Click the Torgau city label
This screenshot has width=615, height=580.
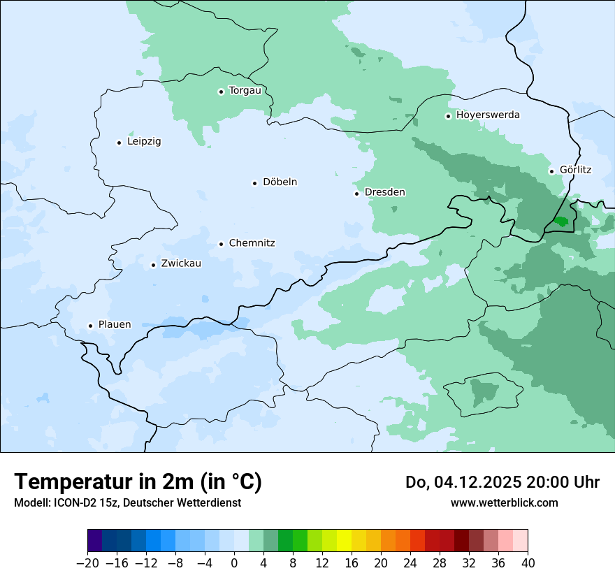tap(245, 91)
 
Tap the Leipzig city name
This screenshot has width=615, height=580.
tap(144, 142)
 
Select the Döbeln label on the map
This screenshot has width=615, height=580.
tap(280, 182)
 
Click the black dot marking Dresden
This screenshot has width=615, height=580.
tap(356, 194)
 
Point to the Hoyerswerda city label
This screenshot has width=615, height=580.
tap(488, 115)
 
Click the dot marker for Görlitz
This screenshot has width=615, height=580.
tap(551, 171)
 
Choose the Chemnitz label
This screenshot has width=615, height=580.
tap(252, 244)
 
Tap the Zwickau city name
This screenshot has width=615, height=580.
tap(181, 264)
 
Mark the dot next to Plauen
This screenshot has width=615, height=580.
tap(90, 326)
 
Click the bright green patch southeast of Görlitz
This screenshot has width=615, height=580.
tap(560, 222)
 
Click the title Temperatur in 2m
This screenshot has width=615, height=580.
tap(138, 482)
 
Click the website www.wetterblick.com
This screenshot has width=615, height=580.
tap(504, 502)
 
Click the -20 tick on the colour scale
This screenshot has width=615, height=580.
tap(87, 563)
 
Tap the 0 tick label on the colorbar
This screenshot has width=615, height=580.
tap(234, 563)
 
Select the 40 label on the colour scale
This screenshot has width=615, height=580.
tap(528, 563)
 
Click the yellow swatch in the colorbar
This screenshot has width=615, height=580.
tap(344, 541)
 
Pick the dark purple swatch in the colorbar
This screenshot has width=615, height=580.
tap(95, 541)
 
